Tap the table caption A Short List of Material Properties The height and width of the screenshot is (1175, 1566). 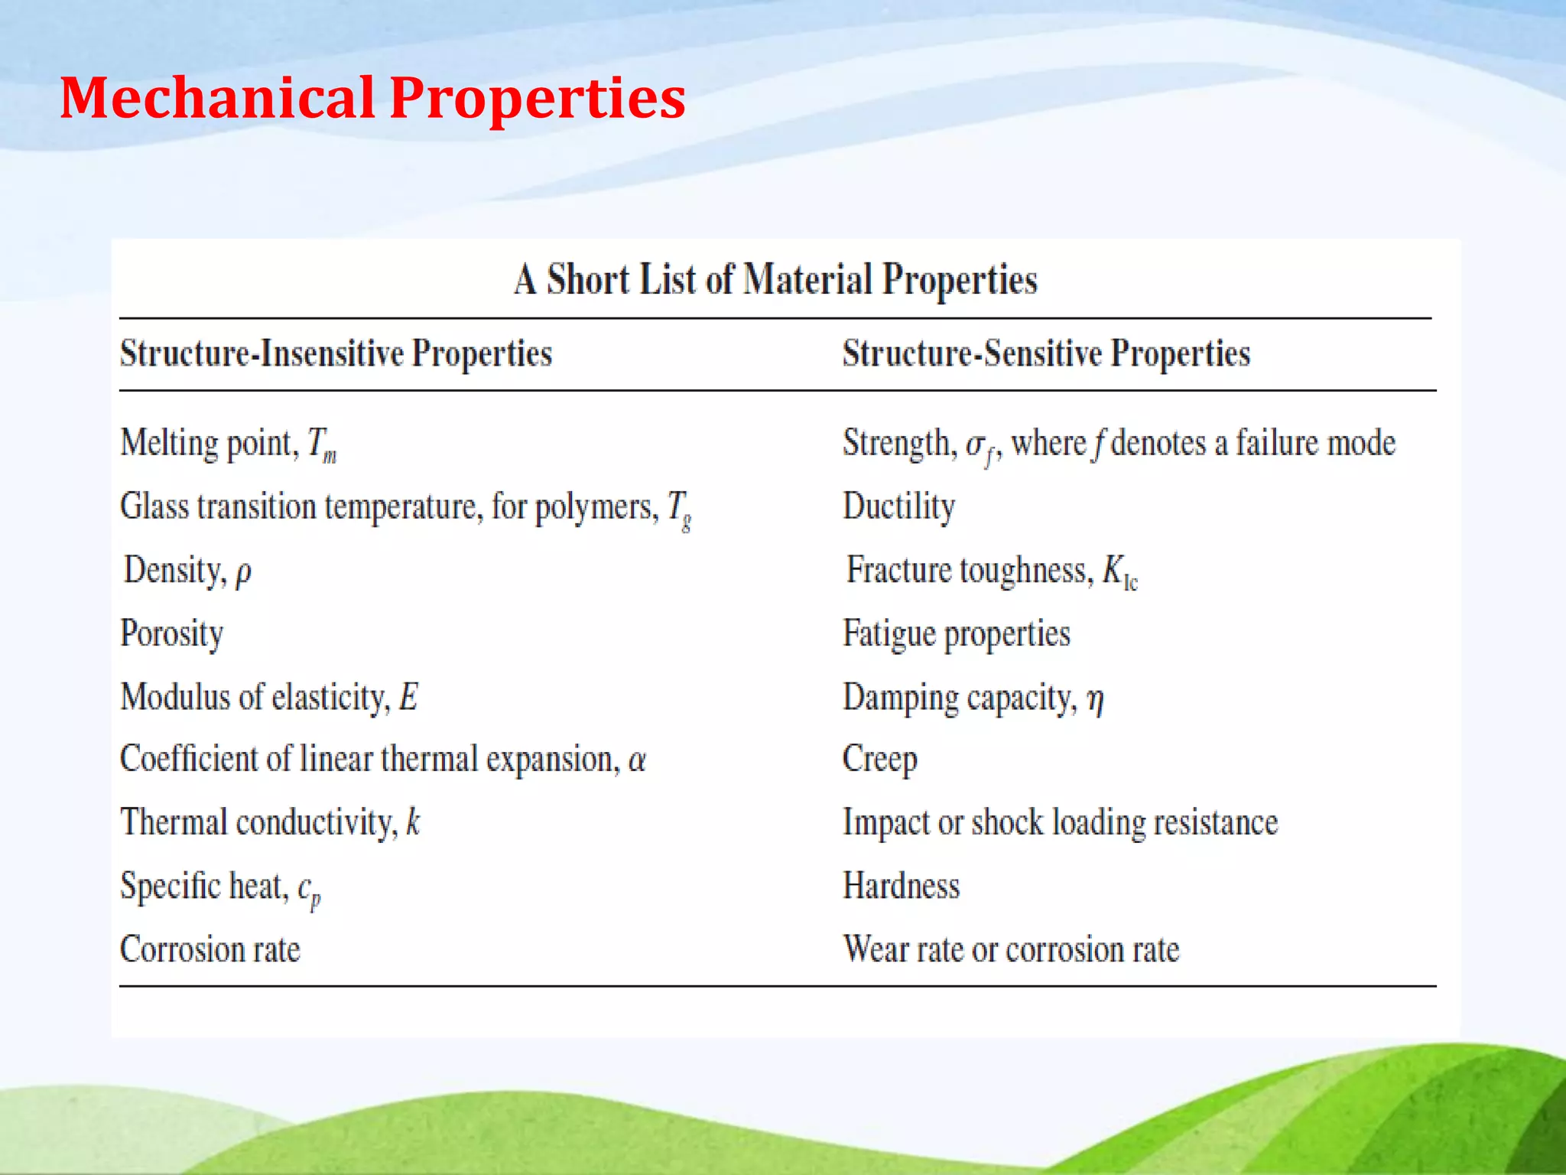click(775, 279)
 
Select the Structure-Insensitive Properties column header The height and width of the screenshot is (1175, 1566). click(336, 353)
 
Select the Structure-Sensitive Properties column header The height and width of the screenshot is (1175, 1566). click(1046, 353)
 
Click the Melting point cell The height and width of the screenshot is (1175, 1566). click(228, 444)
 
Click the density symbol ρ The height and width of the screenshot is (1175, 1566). click(243, 572)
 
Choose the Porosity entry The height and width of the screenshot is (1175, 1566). click(172, 634)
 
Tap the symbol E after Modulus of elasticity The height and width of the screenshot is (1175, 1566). click(408, 697)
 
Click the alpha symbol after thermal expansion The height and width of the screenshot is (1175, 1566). click(637, 760)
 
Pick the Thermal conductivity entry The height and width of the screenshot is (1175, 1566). click(270, 823)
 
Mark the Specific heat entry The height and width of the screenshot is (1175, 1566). click(220, 887)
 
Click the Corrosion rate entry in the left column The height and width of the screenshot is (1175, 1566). click(210, 949)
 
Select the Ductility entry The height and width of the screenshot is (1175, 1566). click(898, 507)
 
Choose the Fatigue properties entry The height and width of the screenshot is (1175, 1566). click(956, 634)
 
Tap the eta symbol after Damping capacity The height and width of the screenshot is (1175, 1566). click(1095, 699)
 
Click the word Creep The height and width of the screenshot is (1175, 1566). click(879, 760)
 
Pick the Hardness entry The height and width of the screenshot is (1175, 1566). click(901, 886)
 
